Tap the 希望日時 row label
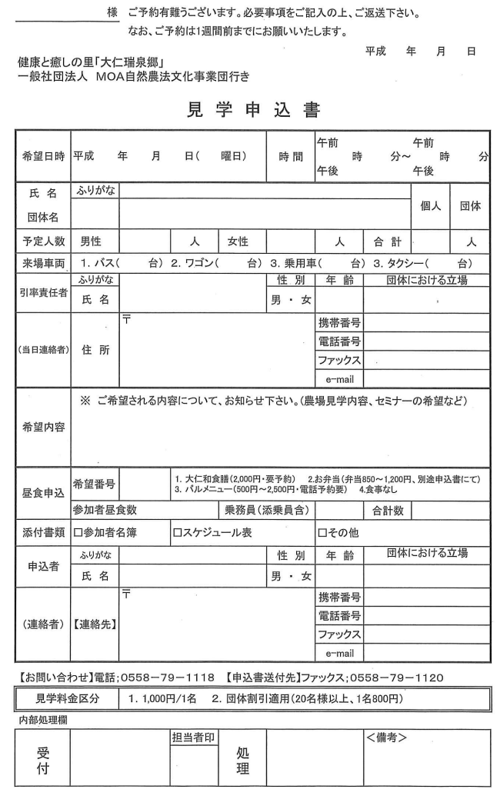(x=42, y=155)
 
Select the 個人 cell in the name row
(x=430, y=206)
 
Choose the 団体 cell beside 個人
(x=470, y=206)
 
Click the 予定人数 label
(x=42, y=241)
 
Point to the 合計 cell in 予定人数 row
(x=388, y=241)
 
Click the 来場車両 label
(x=42, y=264)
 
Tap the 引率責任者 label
(x=42, y=292)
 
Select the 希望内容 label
(x=42, y=427)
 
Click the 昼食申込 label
(x=42, y=493)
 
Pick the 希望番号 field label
(x=94, y=484)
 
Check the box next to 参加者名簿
(x=77, y=532)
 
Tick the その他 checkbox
(x=322, y=532)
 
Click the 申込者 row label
(x=42, y=565)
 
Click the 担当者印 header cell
(x=192, y=738)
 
